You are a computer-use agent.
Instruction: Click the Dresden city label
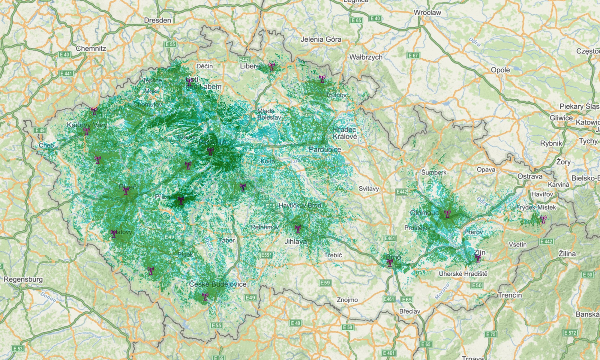click(x=157, y=20)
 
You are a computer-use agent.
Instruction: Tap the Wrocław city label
click(x=427, y=13)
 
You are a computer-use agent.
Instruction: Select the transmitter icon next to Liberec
click(x=271, y=66)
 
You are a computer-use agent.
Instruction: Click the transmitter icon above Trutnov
click(x=322, y=79)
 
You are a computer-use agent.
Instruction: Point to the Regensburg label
click(x=23, y=279)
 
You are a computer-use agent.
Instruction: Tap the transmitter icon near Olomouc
click(x=447, y=214)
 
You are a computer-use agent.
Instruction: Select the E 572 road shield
click(x=570, y=333)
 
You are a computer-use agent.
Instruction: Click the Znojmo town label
click(x=347, y=300)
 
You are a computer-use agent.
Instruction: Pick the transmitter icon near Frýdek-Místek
click(x=543, y=220)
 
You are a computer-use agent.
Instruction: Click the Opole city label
click(x=500, y=70)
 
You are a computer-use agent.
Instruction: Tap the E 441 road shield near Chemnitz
click(x=66, y=73)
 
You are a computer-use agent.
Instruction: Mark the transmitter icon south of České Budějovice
click(x=205, y=297)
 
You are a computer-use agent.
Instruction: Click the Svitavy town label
click(x=369, y=189)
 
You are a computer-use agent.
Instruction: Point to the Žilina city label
click(x=567, y=254)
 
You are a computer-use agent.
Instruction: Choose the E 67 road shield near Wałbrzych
click(x=413, y=55)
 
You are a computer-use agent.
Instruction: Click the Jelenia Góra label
click(x=321, y=39)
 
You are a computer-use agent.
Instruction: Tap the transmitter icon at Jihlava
click(x=298, y=229)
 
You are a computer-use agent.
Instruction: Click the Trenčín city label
click(x=510, y=295)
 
